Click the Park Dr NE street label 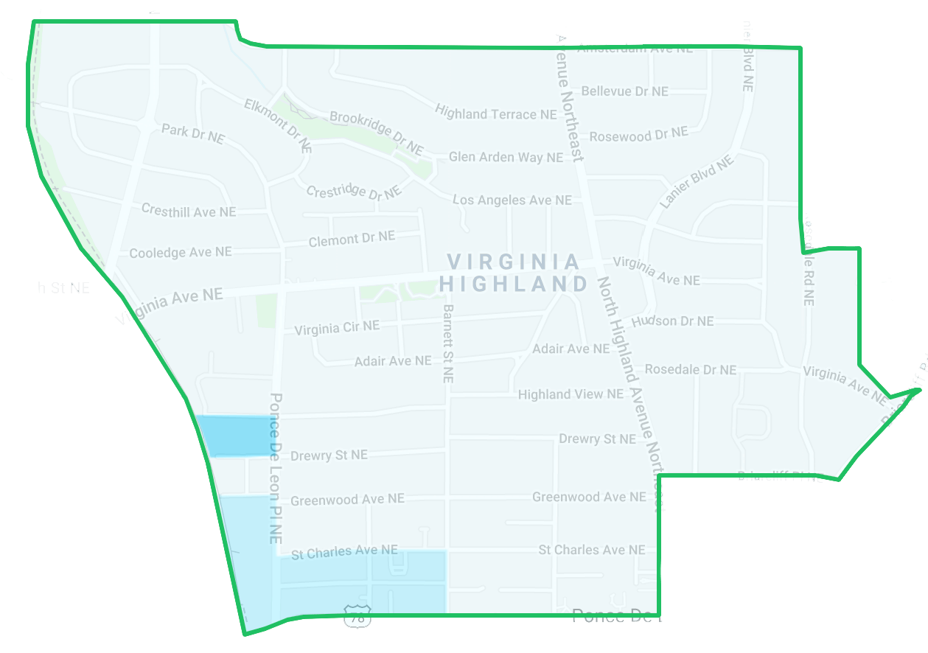tap(192, 133)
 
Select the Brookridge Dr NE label tap(376, 133)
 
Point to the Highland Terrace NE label tap(495, 113)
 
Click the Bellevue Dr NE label tap(624, 91)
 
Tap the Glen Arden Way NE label tap(506, 157)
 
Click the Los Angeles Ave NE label tap(512, 200)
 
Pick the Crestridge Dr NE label tap(354, 191)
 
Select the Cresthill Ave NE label tap(189, 212)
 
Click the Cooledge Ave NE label tap(181, 252)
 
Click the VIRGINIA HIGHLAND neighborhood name tap(514, 273)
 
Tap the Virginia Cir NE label tap(337, 327)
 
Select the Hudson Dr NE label tap(672, 321)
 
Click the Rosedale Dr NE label tap(690, 369)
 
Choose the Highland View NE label tap(571, 394)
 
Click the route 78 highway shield tap(357, 616)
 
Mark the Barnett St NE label tap(447, 343)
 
